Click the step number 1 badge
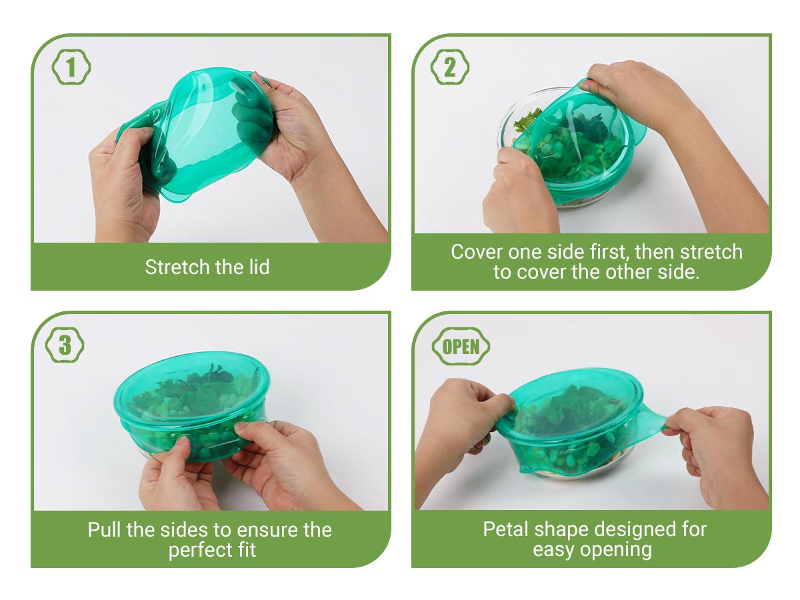click(x=71, y=68)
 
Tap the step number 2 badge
click(x=450, y=68)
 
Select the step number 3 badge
click(x=65, y=345)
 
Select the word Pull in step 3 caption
click(x=104, y=530)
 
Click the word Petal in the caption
click(x=505, y=529)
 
